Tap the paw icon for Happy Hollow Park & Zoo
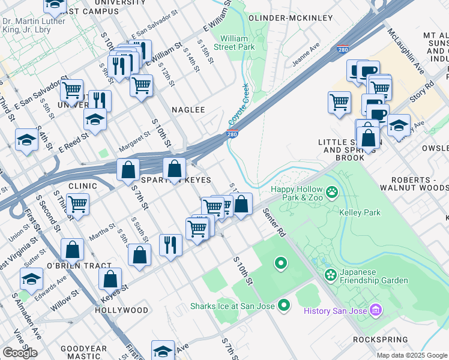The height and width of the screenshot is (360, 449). [x=332, y=193]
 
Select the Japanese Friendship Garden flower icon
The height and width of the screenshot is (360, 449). [x=330, y=275]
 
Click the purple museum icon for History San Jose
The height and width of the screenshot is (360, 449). [x=376, y=310]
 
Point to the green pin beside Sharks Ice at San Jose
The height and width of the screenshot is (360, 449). [x=285, y=306]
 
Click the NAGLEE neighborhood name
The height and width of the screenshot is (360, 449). [x=188, y=110]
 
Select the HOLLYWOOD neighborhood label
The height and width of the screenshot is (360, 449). [x=121, y=310]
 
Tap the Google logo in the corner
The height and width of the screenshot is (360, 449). [x=20, y=353]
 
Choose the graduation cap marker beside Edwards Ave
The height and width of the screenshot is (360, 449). [x=31, y=278]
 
